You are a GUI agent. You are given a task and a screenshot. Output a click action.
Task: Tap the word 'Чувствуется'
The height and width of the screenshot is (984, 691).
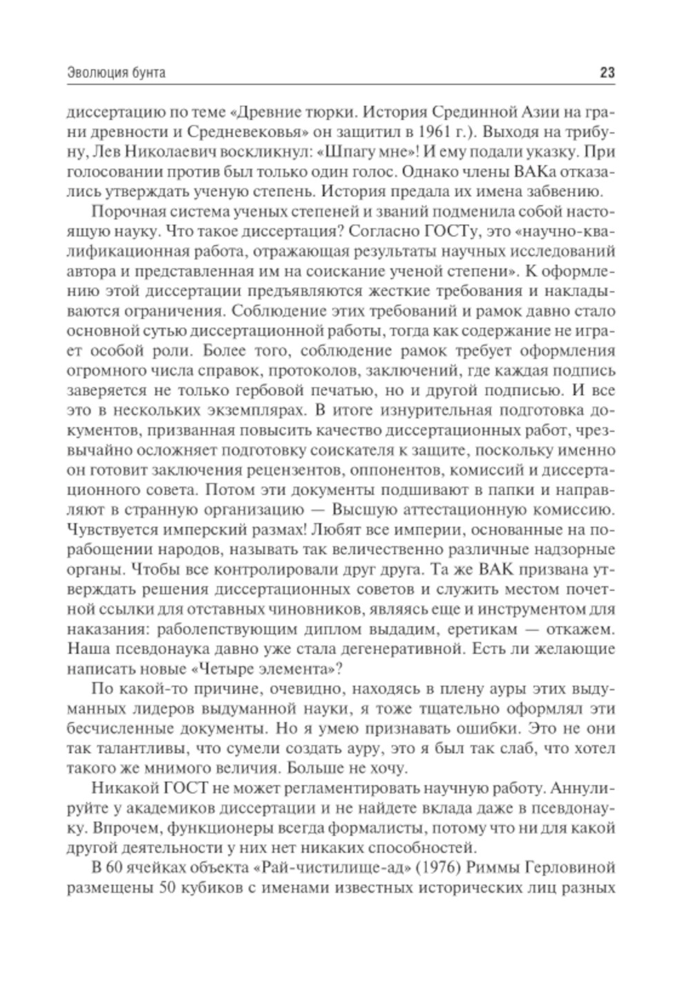pos(115,531)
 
